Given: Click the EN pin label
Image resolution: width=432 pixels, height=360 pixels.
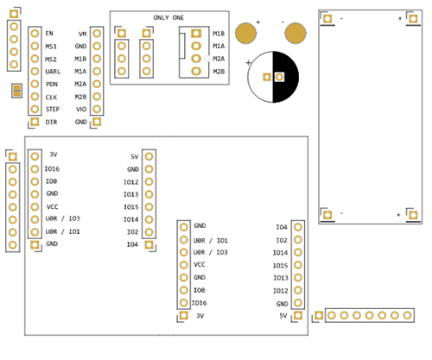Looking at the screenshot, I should (49, 33).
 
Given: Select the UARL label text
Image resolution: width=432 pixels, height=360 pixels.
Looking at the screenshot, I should (53, 72).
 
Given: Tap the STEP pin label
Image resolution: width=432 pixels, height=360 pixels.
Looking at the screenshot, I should (52, 111).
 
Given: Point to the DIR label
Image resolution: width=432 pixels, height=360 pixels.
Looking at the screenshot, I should (51, 123).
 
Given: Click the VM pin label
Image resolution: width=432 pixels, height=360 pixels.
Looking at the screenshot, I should (81, 33).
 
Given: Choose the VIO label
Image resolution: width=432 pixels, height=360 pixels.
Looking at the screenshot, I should (81, 111).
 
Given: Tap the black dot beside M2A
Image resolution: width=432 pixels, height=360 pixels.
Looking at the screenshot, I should (208, 59).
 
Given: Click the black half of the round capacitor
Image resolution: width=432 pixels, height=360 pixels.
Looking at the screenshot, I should (287, 77).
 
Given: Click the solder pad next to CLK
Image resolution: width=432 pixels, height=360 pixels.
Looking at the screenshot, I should (34, 98).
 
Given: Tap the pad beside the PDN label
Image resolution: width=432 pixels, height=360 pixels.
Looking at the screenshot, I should (34, 85).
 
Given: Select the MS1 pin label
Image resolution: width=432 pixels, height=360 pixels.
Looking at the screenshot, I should (51, 46).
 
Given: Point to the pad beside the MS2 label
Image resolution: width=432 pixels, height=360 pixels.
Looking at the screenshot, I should (34, 59).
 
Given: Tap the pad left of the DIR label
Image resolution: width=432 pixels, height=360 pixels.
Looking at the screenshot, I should (34, 123).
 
